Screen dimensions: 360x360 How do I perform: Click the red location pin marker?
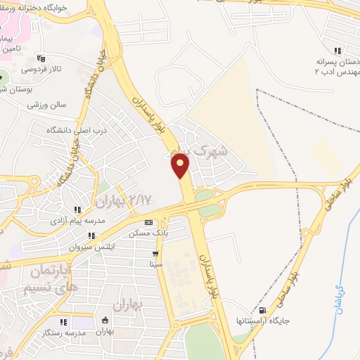[x=181, y=165]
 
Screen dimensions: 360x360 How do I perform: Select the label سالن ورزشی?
[x=46, y=105]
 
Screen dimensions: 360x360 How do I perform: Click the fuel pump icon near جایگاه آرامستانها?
[x=263, y=310]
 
